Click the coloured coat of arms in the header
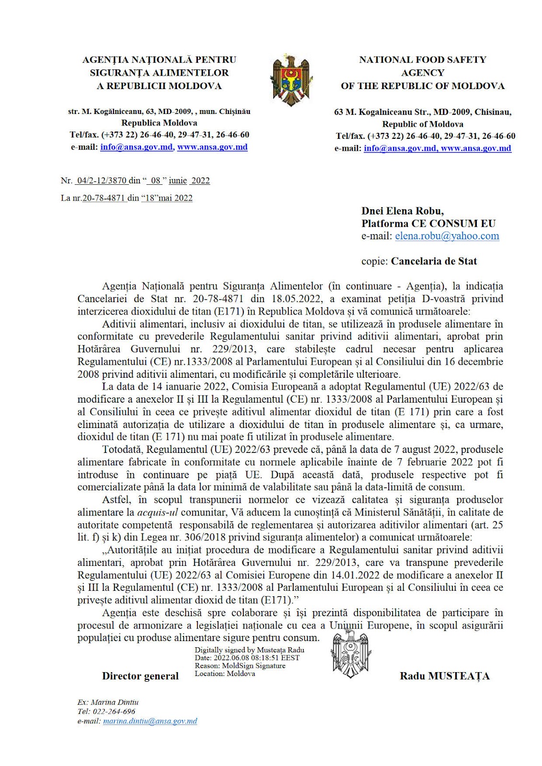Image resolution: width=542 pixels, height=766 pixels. click(x=291, y=80)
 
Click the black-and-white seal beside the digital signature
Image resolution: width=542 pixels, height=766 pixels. click(x=351, y=653)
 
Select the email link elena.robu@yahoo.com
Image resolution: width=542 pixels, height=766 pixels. click(x=447, y=236)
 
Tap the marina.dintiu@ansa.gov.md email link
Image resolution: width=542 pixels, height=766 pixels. click(x=150, y=721)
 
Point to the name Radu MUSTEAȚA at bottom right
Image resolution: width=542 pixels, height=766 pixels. click(x=445, y=676)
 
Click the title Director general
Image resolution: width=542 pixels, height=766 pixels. click(x=140, y=676)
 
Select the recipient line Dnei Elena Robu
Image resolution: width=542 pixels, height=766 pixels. click(x=403, y=211)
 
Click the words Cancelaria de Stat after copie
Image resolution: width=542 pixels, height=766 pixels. click(x=434, y=261)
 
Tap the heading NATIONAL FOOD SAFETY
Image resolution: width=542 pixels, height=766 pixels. click(x=423, y=60)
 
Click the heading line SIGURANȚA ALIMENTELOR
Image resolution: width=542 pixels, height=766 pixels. click(x=159, y=73)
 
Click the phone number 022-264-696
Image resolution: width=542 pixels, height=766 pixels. click(x=114, y=711)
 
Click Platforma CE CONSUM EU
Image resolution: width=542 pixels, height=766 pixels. click(x=428, y=224)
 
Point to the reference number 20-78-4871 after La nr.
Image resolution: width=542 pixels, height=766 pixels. click(x=104, y=198)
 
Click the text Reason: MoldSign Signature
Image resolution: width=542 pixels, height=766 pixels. click(x=240, y=665)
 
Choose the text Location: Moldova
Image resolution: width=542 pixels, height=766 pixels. click(x=225, y=674)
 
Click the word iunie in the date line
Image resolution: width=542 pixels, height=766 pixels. click(x=177, y=180)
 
